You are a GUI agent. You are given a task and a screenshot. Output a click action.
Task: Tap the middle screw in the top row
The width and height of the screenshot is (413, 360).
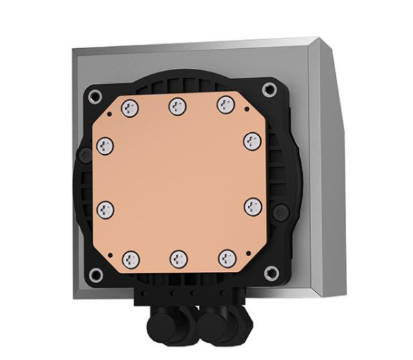[x=177, y=106]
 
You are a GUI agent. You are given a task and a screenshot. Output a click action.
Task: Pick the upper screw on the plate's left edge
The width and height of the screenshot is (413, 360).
[x=105, y=145]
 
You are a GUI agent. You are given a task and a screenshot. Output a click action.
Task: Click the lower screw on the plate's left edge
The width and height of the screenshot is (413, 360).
[x=106, y=207]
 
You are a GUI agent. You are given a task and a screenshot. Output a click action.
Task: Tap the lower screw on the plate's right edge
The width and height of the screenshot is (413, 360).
[x=253, y=206]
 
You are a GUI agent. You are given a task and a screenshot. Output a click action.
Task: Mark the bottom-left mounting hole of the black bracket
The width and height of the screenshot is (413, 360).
[x=96, y=275]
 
